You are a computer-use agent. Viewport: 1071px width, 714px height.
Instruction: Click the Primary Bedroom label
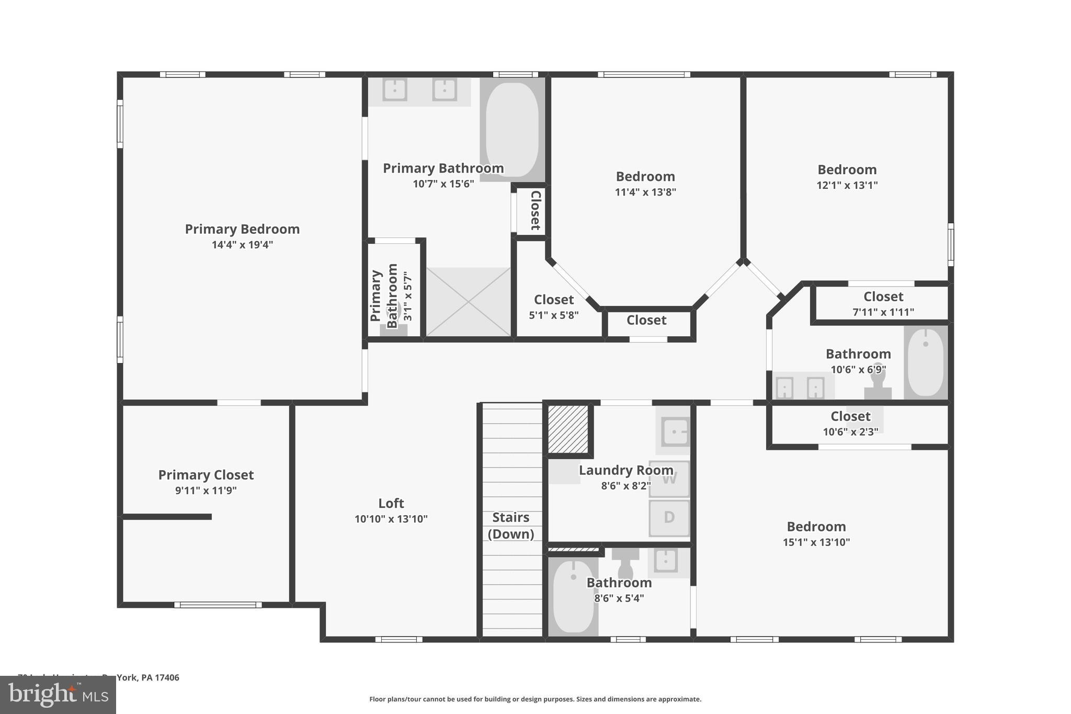(x=242, y=229)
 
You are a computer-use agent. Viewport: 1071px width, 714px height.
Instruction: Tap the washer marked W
(x=669, y=479)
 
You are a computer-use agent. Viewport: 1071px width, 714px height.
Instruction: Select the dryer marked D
(x=669, y=518)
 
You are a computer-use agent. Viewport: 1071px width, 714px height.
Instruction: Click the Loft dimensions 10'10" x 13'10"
(x=391, y=519)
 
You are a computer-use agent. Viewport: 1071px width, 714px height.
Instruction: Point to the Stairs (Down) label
(x=511, y=525)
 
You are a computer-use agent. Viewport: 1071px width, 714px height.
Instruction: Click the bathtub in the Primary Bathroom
(x=512, y=129)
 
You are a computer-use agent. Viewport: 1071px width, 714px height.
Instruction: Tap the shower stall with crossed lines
(x=468, y=302)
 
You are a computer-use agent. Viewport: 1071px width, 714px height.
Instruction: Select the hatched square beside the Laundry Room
(x=568, y=429)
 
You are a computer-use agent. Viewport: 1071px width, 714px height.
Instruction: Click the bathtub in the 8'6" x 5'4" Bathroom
(x=573, y=596)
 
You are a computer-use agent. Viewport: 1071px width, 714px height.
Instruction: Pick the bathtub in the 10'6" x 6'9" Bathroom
(x=925, y=362)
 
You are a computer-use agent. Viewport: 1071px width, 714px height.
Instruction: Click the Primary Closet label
(x=206, y=475)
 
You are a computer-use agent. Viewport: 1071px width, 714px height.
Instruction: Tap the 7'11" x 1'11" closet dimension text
(x=883, y=312)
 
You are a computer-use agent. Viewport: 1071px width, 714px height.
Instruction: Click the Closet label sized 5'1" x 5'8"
(x=554, y=300)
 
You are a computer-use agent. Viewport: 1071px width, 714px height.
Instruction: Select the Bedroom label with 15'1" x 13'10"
(x=816, y=527)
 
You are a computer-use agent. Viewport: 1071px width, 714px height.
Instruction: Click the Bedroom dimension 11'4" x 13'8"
(x=645, y=192)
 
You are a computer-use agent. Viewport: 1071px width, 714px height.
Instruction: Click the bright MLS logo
(x=58, y=695)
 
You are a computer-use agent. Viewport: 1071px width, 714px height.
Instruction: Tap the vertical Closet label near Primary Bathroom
(x=535, y=210)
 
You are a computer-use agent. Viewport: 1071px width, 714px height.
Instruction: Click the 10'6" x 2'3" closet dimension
(x=850, y=432)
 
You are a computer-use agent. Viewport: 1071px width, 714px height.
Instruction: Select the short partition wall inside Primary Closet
(x=167, y=517)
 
